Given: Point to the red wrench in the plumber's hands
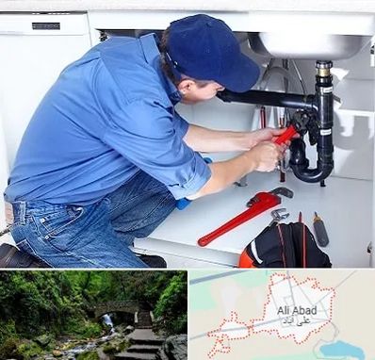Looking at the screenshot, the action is click(x=285, y=135).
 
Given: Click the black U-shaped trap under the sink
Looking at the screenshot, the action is click(x=311, y=163).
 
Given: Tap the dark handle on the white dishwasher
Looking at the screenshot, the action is click(x=46, y=25).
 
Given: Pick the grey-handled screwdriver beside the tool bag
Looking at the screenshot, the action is click(x=320, y=230).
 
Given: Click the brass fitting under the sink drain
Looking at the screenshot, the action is click(x=323, y=71).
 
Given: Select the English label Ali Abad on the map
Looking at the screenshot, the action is click(x=297, y=311).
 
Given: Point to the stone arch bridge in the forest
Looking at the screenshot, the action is click(x=117, y=308).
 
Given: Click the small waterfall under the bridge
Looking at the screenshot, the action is click(x=108, y=321).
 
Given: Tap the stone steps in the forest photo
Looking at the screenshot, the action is click(x=143, y=338).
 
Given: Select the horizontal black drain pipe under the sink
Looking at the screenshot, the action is click(x=267, y=99).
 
